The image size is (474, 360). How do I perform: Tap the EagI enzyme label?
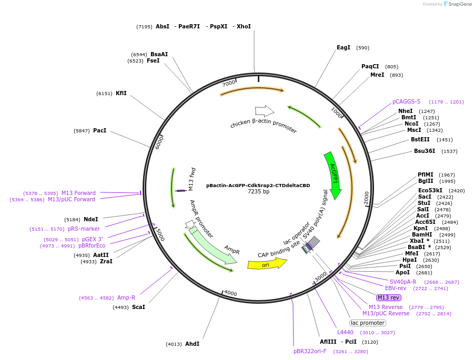[x=344, y=48]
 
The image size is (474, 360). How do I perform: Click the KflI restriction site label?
[x=121, y=94]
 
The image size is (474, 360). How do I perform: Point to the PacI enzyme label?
[x=99, y=130]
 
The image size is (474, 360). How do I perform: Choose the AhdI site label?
[x=192, y=344]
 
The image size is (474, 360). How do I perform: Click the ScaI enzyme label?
[x=138, y=307]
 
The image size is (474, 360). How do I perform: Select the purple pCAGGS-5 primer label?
[x=406, y=102]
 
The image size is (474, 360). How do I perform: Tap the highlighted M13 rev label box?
[x=389, y=298]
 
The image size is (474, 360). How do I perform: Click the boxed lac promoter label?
[x=368, y=323]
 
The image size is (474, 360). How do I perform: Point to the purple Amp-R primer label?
[x=126, y=298]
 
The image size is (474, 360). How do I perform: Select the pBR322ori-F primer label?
[x=310, y=351]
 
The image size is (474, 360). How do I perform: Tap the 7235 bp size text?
[x=258, y=192]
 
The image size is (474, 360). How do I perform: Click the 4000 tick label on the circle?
[x=230, y=293]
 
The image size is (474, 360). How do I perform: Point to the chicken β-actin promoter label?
[x=263, y=127]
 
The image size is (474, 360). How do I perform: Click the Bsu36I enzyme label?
[x=424, y=151]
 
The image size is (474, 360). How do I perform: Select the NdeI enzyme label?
[x=90, y=219]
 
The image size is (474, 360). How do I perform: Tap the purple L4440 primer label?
[x=345, y=333]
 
